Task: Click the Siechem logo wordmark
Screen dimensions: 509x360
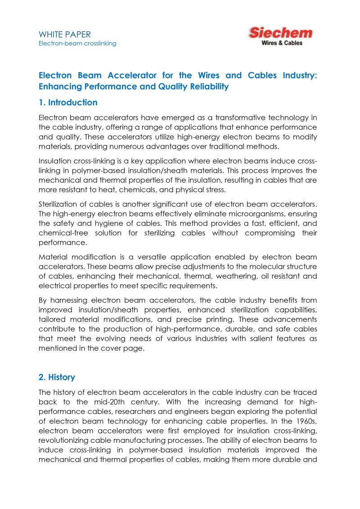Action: [280, 33]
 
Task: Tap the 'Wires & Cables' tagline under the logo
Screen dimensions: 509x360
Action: [282, 43]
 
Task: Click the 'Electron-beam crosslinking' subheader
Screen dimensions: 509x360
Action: [77, 43]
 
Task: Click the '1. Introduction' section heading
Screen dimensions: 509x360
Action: [68, 103]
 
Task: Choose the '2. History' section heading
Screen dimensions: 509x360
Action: [57, 377]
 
